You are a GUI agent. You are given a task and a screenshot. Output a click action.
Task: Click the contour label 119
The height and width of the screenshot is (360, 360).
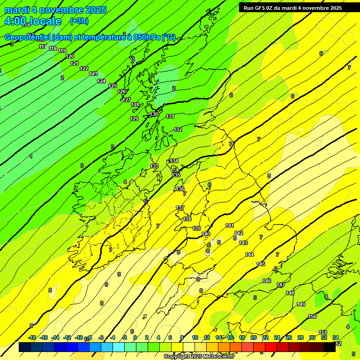62,51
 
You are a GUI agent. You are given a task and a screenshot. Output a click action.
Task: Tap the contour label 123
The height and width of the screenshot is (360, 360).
93,74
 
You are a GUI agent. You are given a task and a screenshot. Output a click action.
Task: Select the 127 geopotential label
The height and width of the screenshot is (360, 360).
127,100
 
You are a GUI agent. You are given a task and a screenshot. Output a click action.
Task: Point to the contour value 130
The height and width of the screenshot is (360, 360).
154,114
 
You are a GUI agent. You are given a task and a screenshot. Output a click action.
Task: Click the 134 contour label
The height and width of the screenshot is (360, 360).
174,161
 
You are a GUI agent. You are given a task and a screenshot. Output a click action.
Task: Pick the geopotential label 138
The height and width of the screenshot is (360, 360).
187,219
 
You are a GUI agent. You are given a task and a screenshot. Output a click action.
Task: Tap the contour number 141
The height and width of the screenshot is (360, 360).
230,225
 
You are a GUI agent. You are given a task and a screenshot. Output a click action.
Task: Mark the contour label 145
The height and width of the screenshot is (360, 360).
261,264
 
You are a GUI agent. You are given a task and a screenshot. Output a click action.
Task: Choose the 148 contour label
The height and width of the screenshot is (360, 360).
290,293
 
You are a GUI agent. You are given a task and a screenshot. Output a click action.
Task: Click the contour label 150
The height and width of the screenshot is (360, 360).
312,316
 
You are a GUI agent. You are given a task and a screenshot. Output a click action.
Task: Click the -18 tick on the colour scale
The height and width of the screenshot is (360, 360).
32,337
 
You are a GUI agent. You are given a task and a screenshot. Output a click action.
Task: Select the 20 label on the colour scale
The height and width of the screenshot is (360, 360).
253,337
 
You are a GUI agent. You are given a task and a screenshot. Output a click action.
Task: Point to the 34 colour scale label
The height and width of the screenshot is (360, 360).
336,337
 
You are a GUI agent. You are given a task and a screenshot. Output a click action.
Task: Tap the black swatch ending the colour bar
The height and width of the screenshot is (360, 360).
330,347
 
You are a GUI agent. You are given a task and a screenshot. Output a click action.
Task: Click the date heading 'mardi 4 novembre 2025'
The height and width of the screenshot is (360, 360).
55,10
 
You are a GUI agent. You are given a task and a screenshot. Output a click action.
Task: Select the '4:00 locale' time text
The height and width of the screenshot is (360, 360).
33,21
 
